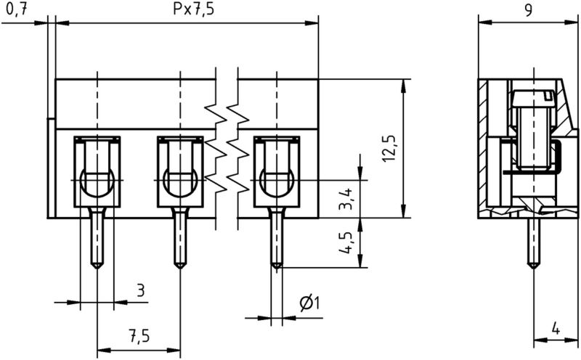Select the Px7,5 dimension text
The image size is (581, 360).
[187, 10]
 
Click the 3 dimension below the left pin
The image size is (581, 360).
[141, 291]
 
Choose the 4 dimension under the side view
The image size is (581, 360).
[555, 328]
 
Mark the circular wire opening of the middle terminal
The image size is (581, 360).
[179, 181]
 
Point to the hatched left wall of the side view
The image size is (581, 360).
[484, 145]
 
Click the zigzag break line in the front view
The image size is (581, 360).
[227, 145]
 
